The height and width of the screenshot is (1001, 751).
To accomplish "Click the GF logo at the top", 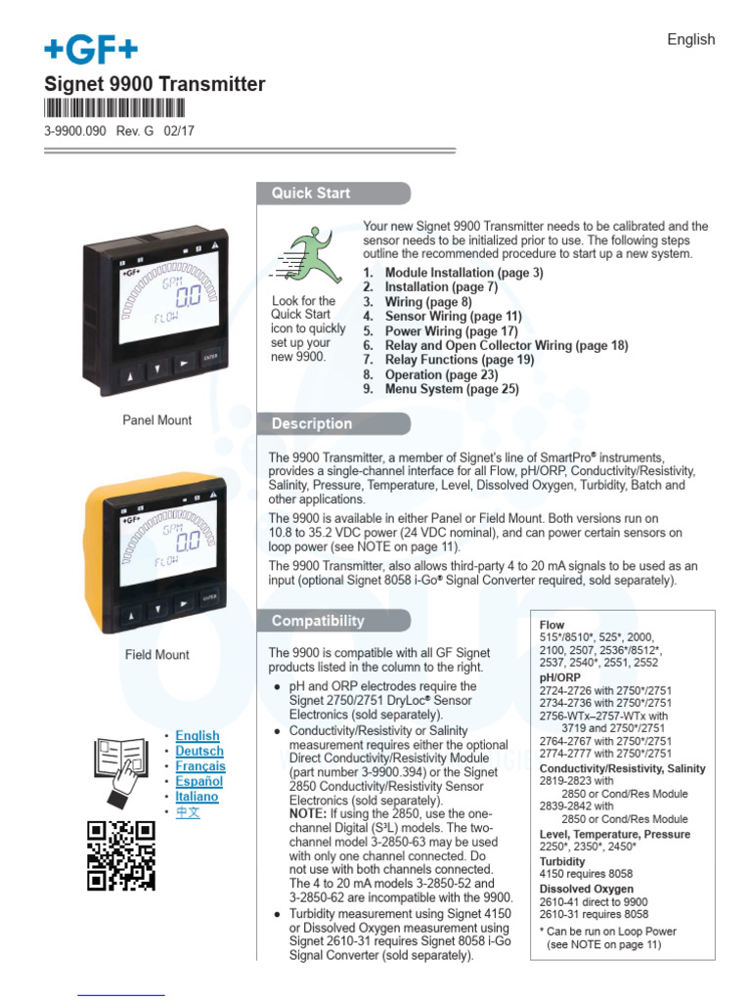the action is (90, 48).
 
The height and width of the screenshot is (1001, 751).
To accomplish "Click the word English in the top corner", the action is (690, 40).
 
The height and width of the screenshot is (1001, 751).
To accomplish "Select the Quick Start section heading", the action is (311, 194).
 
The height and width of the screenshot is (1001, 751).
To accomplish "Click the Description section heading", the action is (312, 424).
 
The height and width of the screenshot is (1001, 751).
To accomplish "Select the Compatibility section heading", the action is (318, 621).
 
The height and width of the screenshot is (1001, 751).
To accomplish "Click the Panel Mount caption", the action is (156, 420).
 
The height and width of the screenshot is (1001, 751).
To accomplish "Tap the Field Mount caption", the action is (156, 655).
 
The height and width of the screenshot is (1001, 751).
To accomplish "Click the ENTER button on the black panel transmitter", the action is (210, 358).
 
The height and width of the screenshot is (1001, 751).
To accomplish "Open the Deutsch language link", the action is (199, 751).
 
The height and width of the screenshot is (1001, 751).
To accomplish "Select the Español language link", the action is (199, 781).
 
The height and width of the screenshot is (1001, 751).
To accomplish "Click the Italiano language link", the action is (198, 797).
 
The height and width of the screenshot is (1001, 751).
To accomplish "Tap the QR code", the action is (121, 855).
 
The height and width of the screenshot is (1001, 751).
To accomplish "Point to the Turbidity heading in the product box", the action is (562, 861).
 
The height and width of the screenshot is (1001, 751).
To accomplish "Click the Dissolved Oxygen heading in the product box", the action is (587, 889).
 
